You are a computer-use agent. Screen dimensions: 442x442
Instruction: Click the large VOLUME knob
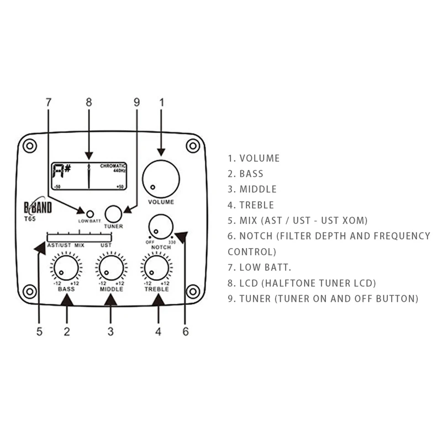point(161,179)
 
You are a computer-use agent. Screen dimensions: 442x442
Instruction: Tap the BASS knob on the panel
point(66,268)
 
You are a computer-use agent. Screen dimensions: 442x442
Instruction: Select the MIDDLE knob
point(110,268)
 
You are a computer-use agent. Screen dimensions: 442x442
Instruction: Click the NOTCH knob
point(161,225)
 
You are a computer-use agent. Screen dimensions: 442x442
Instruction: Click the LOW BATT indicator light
point(89,212)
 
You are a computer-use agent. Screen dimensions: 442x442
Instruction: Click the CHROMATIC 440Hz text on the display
point(113,168)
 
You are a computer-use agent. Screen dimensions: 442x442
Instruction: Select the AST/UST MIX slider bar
point(79,236)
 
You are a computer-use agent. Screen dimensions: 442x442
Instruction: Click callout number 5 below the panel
point(39,331)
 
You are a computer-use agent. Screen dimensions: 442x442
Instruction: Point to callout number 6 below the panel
point(186,331)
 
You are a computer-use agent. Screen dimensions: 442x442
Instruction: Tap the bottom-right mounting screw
point(192,290)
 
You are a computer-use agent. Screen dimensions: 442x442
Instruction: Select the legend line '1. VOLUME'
point(254,159)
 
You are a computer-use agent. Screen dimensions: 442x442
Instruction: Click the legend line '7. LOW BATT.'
point(259,267)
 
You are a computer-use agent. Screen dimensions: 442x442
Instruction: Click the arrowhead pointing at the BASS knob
point(66,300)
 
